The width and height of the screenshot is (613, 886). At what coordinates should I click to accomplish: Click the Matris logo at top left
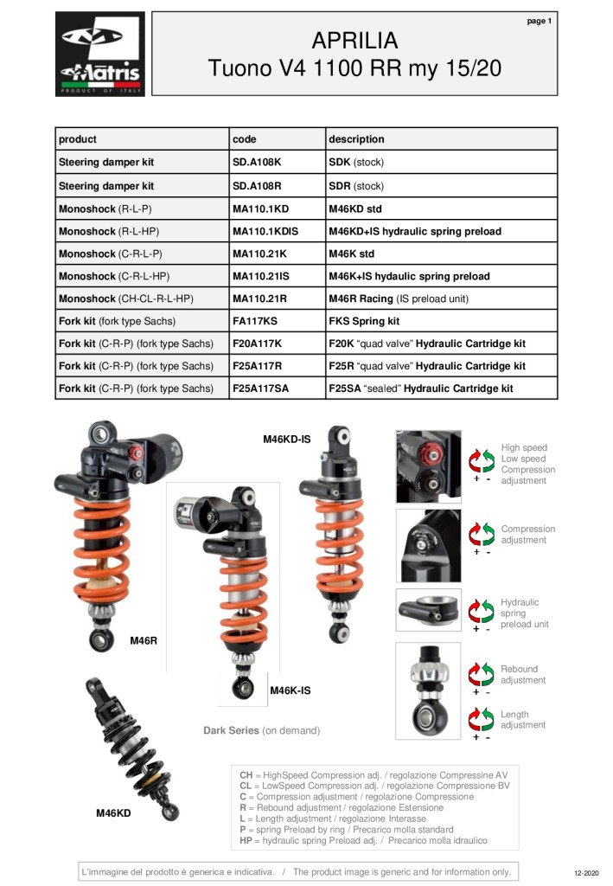tap(100, 54)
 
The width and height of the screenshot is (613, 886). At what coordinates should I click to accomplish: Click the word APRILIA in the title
tap(354, 41)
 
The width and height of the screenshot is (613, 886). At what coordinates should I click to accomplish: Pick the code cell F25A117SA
tap(261, 388)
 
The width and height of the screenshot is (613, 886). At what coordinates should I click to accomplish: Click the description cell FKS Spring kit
tap(364, 321)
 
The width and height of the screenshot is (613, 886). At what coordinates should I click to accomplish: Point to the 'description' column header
tap(356, 138)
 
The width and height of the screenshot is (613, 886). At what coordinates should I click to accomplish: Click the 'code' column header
tap(245, 138)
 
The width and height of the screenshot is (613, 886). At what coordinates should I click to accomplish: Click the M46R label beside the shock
tap(144, 640)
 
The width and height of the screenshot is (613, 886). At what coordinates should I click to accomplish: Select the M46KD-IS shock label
tap(286, 440)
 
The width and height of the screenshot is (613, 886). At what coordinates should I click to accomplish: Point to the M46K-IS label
tap(290, 690)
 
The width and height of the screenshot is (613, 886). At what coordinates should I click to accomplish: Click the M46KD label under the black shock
tap(113, 813)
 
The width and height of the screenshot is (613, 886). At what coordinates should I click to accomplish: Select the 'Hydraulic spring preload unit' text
tap(524, 613)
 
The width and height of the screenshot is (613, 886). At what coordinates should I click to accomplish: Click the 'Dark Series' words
tap(231, 730)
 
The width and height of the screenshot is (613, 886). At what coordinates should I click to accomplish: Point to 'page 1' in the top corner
tap(539, 21)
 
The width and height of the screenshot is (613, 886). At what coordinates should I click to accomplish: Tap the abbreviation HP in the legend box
tap(246, 840)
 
